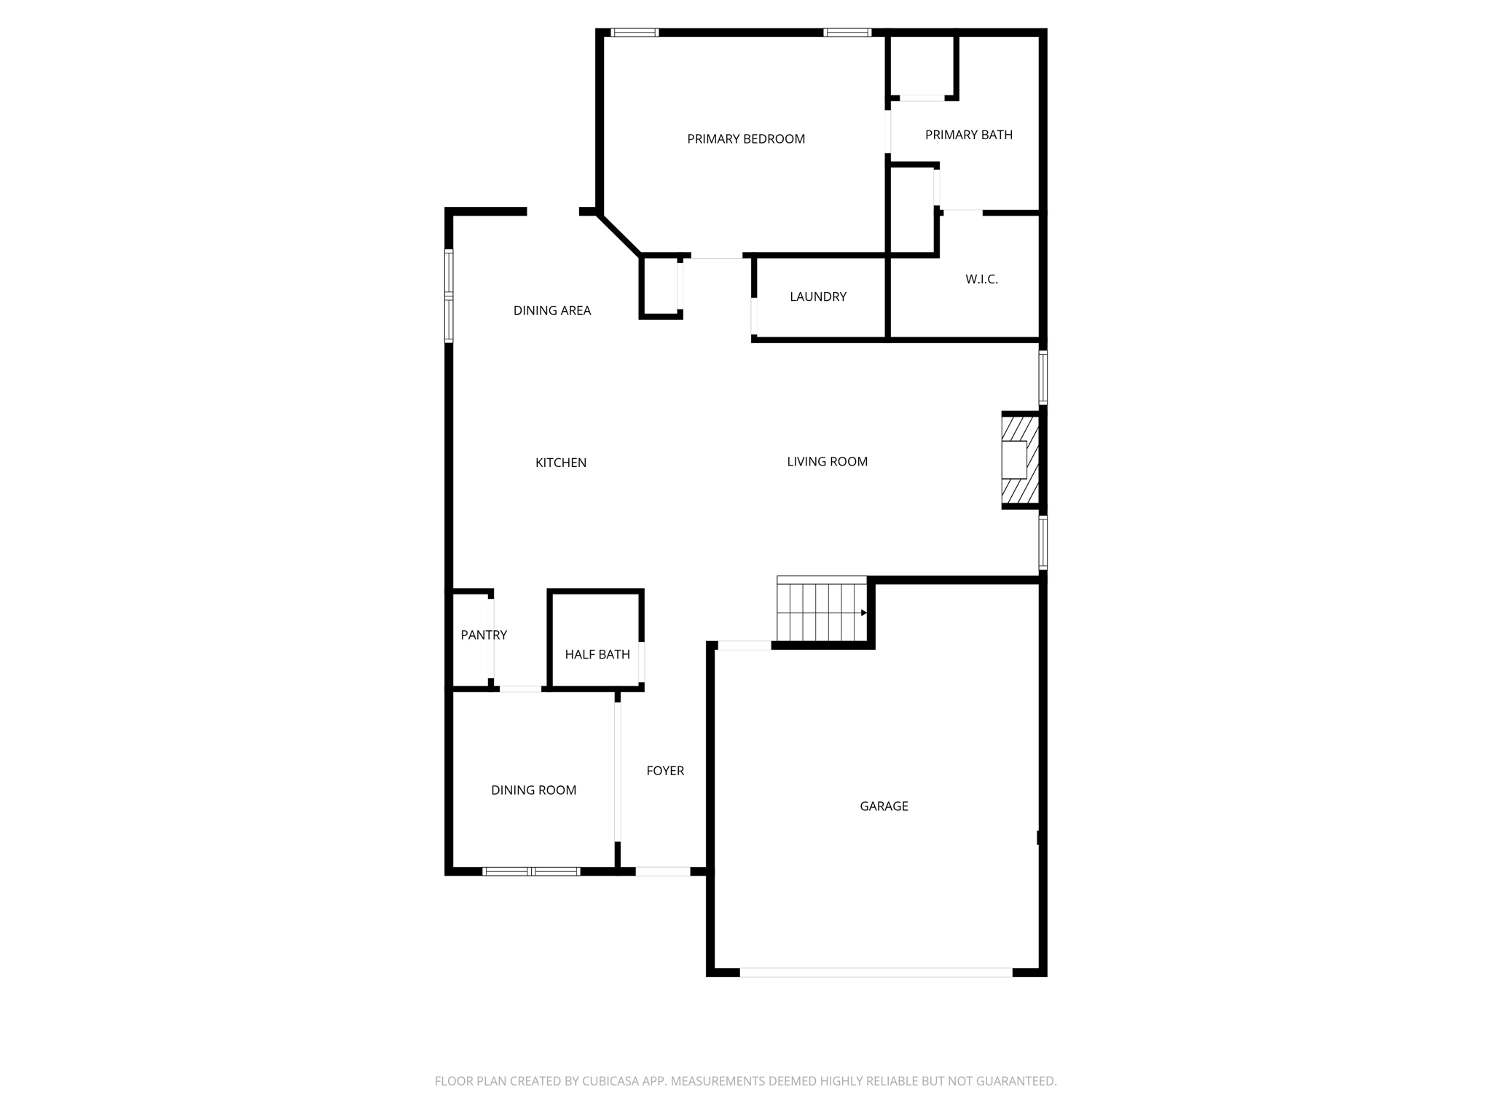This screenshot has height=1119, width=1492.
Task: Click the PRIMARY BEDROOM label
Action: coord(746,139)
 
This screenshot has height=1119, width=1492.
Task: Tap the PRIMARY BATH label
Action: coord(968,135)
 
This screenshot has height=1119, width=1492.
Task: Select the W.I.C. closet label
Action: coord(981,280)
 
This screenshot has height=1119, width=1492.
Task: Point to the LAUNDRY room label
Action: coord(818,297)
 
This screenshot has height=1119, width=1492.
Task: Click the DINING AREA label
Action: coord(551,311)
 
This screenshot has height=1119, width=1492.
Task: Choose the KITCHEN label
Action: coord(560,463)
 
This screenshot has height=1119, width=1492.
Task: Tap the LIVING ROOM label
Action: coord(827,462)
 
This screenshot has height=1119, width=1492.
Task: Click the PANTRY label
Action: coord(484,635)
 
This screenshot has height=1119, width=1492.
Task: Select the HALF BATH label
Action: coord(597,655)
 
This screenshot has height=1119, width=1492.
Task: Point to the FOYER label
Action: coord(665,771)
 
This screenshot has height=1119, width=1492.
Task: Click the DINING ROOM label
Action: coord(533,790)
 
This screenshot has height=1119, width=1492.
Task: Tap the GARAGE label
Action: coord(884,806)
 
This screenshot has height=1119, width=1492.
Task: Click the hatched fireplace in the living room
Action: coord(1020,460)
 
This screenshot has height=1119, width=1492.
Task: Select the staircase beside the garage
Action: coord(821,610)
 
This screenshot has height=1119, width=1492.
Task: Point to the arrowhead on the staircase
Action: coord(864,613)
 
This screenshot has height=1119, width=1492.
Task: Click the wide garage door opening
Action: coord(876,973)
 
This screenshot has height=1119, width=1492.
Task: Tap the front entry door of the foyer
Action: coord(662,871)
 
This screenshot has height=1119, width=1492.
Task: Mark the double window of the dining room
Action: coord(531,871)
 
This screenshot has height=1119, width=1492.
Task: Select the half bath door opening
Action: coord(641,661)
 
